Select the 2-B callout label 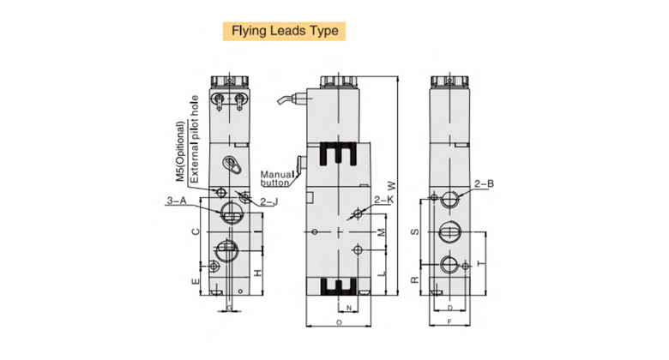click(485, 183)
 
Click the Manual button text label click(274, 177)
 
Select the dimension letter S click(413, 232)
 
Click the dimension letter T click(481, 262)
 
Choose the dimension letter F click(449, 322)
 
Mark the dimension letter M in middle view click(383, 232)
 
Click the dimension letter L click(383, 273)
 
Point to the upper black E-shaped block click(336, 155)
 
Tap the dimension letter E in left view click(196, 281)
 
